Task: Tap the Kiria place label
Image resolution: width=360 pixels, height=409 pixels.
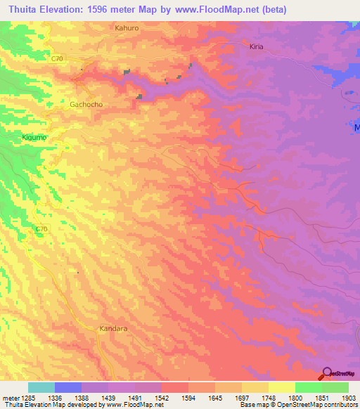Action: pyautogui.click(x=256, y=46)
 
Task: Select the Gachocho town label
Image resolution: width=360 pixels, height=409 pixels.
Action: pyautogui.click(x=86, y=104)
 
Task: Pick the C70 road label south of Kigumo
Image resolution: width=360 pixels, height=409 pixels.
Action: pyautogui.click(x=42, y=228)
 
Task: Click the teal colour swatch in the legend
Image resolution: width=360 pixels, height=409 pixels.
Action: pyautogui.click(x=41, y=387)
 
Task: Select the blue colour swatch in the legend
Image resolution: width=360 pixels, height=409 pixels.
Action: pyautogui.click(x=68, y=387)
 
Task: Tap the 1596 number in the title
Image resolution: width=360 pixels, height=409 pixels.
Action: pyautogui.click(x=105, y=9)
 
